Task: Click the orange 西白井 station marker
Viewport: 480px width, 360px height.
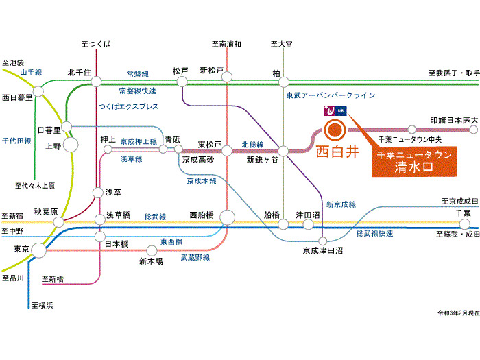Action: click(335, 130)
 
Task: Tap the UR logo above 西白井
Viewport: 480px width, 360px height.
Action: click(335, 110)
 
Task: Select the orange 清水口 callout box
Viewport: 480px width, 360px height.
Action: click(414, 162)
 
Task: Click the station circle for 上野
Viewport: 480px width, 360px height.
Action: click(71, 145)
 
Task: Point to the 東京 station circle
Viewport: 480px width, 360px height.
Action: click(38, 250)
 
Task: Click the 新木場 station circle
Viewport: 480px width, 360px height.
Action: click(152, 251)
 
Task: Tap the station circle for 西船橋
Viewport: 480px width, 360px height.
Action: click(227, 217)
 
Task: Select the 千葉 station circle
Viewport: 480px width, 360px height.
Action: click(465, 224)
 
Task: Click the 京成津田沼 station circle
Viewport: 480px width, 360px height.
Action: click(323, 241)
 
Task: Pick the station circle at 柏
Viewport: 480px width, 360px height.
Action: click(283, 82)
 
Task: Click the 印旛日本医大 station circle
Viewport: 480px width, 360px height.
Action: click(473, 130)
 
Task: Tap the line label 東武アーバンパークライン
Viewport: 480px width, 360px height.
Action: click(331, 95)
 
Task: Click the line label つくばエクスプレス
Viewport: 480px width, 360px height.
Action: click(129, 106)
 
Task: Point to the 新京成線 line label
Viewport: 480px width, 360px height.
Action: click(341, 204)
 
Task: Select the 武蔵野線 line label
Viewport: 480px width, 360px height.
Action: click(195, 257)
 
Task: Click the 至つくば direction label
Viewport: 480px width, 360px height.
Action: click(96, 44)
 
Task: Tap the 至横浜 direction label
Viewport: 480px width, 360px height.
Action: click(43, 305)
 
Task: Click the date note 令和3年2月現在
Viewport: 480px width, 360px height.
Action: click(458, 313)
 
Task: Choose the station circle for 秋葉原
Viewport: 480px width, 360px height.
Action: click(58, 222)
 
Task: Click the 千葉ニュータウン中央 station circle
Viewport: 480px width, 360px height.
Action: click(412, 130)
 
